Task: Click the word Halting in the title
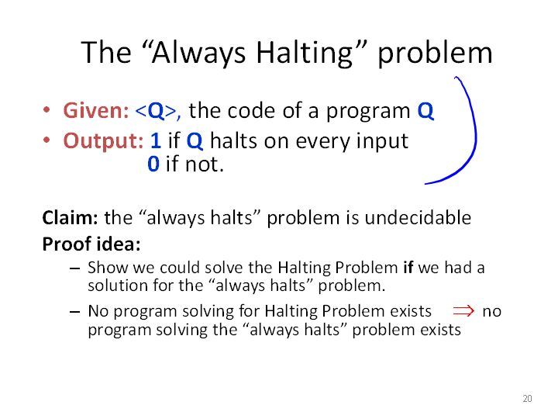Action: (305, 54)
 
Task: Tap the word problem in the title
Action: (435, 53)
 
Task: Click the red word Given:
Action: (96, 110)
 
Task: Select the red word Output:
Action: (104, 141)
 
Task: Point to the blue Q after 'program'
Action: (425, 111)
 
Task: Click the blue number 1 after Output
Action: (156, 140)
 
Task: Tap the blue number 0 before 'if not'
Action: (153, 164)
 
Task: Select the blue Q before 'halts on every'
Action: (195, 141)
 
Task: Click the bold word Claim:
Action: (70, 218)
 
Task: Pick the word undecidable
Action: (418, 218)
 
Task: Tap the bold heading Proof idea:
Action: (91, 244)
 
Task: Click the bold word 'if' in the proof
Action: (408, 267)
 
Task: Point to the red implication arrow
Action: (463, 311)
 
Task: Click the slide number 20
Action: (527, 399)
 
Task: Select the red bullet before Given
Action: (46, 109)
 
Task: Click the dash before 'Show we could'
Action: (74, 268)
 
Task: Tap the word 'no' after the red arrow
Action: (492, 312)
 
